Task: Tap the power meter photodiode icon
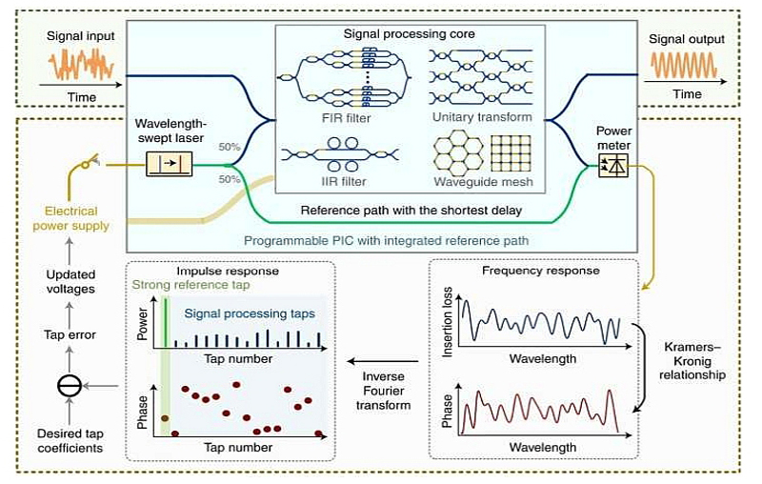pyautogui.click(x=607, y=167)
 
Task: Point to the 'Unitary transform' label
pyautogui.click(x=476, y=118)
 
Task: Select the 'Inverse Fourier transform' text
pyautogui.click(x=384, y=391)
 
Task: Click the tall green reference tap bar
pyautogui.click(x=165, y=325)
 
